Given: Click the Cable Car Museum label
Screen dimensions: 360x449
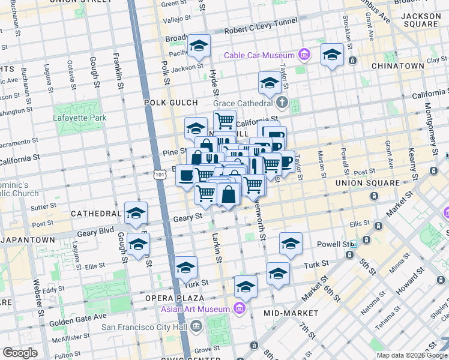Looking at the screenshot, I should point(259,56).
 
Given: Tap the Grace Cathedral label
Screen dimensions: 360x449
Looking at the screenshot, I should point(250,103).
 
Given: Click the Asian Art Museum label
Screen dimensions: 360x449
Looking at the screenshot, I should point(195,310).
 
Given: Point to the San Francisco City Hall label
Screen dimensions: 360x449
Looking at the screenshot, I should point(144,327).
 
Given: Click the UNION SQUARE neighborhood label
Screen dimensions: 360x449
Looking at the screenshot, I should point(367,182).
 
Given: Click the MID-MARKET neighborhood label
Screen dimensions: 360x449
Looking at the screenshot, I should point(291,313).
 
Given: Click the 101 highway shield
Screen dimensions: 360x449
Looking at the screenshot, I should point(159,174).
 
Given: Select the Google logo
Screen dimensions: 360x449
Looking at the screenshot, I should point(20,352).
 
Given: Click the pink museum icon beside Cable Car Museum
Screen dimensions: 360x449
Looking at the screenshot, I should point(304,56).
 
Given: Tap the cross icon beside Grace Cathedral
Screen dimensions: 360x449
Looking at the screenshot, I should point(295,104).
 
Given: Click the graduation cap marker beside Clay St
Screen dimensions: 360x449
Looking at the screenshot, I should point(332,56).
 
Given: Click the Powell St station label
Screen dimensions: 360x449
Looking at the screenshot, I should point(337,244).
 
